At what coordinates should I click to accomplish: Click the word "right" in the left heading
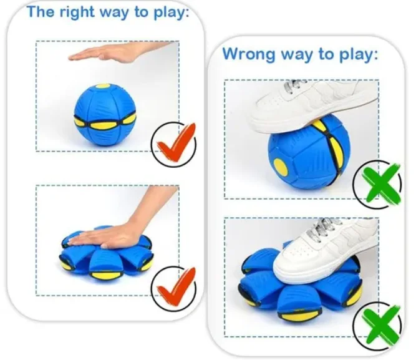click(76, 12)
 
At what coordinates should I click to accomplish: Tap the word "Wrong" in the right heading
click(249, 54)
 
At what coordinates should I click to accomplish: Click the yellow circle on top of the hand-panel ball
click(102, 87)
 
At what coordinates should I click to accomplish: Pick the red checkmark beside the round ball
click(176, 144)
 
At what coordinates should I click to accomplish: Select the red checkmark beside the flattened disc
click(176, 287)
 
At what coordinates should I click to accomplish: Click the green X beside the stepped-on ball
click(380, 184)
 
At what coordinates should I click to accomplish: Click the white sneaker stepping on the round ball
click(313, 106)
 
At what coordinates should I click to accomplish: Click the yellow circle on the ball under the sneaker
click(281, 167)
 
